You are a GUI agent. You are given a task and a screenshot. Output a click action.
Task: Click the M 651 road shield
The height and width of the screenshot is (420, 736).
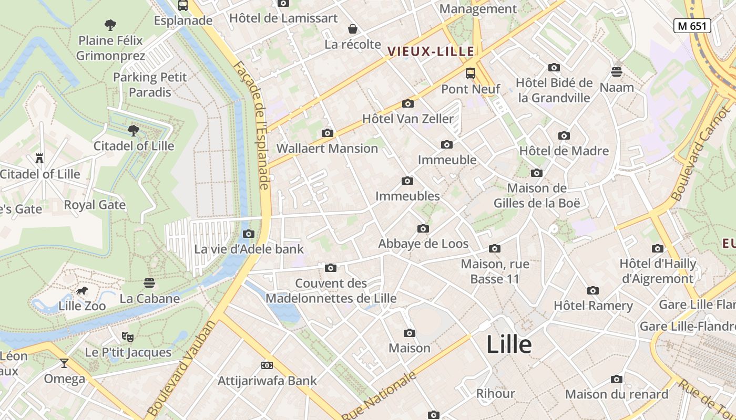pos(692,26)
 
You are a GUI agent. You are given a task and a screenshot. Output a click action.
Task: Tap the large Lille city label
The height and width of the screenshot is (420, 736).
pos(509,345)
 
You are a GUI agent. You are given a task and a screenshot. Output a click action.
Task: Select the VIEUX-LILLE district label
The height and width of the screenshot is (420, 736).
pos(431,51)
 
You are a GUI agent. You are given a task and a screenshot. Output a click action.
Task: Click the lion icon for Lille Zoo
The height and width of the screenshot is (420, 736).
pos(81,291)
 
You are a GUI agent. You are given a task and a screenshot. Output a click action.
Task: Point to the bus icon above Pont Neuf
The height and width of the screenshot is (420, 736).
pos(470,73)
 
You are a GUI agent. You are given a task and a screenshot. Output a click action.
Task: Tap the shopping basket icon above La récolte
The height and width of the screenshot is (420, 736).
pos(352,29)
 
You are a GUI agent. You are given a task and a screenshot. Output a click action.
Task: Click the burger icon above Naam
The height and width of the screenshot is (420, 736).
pos(617,71)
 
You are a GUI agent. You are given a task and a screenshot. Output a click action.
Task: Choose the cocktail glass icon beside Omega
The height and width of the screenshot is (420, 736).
pos(64,363)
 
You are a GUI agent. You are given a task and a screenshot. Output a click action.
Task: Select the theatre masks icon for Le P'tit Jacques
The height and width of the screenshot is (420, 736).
pos(127,337)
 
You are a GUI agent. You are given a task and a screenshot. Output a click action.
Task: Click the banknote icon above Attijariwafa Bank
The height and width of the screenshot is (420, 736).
pos(267,365)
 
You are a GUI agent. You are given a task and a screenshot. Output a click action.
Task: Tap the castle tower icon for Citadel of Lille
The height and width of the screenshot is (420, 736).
pos(39,158)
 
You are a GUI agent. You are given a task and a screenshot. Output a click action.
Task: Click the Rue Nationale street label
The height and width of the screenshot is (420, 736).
pos(379,395)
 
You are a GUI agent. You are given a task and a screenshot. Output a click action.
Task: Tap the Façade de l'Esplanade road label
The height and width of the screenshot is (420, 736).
pos(251,125)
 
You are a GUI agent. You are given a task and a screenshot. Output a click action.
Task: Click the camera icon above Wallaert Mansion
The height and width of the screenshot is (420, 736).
pos(327,133)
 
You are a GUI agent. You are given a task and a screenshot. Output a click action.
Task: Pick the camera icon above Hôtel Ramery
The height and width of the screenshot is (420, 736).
pos(593,290)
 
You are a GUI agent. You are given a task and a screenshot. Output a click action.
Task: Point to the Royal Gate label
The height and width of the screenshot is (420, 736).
pos(95,205)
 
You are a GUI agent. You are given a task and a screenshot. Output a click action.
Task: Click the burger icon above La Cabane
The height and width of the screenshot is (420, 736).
pos(149,283)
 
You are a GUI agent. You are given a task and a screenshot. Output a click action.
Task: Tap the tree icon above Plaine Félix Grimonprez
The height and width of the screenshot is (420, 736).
pos(110,25)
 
